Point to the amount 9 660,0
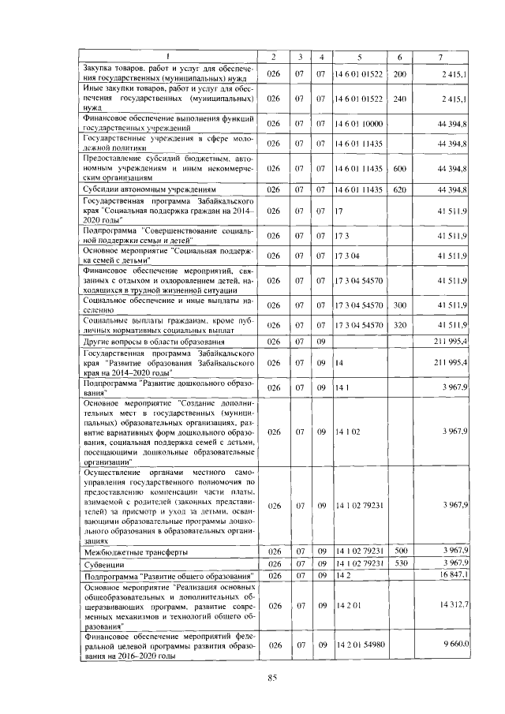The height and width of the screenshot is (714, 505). [455, 645]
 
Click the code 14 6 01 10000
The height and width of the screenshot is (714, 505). [357, 124]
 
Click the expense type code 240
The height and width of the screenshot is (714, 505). [399, 99]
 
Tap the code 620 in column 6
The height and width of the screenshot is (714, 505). [399, 190]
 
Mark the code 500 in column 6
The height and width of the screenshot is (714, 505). [399, 550]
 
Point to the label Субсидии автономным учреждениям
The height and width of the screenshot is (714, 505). [145, 190]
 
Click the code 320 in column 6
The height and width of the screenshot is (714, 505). [399, 324]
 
